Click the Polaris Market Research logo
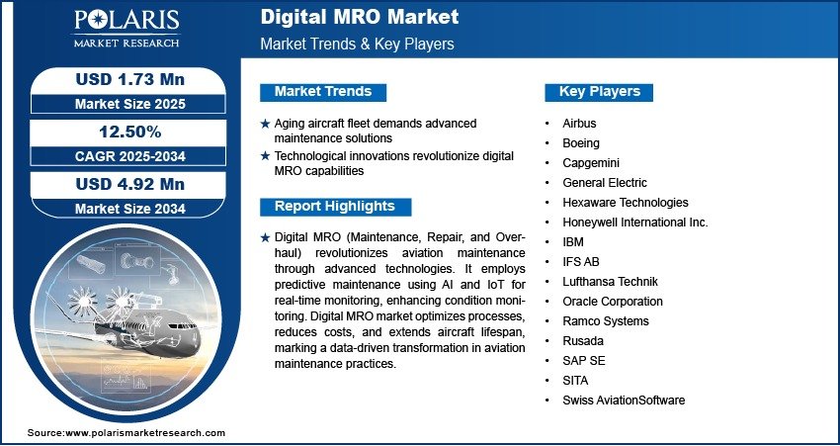(126, 29)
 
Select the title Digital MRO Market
(360, 17)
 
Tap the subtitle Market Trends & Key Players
(358, 44)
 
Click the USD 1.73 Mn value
(130, 79)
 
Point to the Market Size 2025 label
(130, 104)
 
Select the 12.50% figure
(130, 132)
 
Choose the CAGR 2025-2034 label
(130, 156)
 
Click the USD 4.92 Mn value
(130, 184)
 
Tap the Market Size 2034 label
(130, 209)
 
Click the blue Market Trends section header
(323, 92)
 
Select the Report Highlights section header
(335, 207)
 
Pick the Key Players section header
(599, 92)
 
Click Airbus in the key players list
(579, 124)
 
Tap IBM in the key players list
(572, 242)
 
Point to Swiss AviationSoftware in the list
(624, 401)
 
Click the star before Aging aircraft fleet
(265, 124)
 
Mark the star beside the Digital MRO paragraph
(265, 238)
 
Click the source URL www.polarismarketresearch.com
(145, 433)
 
